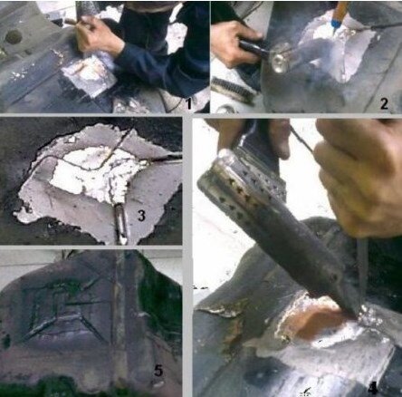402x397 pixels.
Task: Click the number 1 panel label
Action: pyautogui.click(x=189, y=103)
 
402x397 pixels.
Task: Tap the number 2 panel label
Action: pyautogui.click(x=384, y=104)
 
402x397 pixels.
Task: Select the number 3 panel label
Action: pyautogui.click(x=141, y=215)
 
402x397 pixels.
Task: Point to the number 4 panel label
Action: pyautogui.click(x=373, y=388)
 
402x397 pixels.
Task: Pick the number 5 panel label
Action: pyautogui.click(x=158, y=371)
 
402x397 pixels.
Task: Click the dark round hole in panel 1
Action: pyautogui.click(x=14, y=37)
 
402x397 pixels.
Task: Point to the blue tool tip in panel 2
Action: pyautogui.click(x=334, y=23)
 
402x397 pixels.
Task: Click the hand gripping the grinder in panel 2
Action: pyautogui.click(x=234, y=43)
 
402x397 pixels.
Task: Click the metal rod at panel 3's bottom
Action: pyautogui.click(x=121, y=224)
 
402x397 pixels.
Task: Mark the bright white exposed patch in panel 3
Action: pyautogui.click(x=91, y=172)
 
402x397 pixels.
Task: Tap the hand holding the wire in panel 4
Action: pyautogui.click(x=359, y=175)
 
